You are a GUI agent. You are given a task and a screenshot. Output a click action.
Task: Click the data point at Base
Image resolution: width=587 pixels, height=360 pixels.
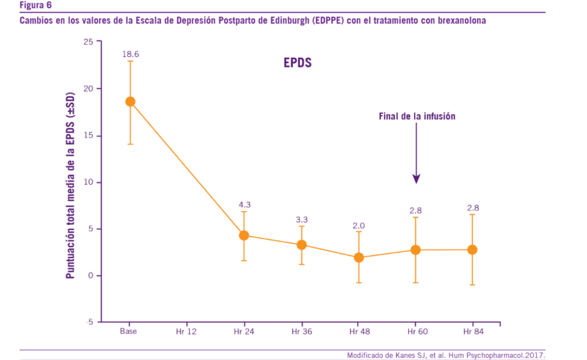coord(130,101)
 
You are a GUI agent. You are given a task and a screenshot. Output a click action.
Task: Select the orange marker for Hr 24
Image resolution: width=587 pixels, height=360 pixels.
coord(244,235)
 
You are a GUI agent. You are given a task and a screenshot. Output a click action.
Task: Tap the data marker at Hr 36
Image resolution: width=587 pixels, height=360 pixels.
coord(302,245)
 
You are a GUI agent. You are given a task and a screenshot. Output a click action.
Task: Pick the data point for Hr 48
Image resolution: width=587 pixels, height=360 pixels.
coord(358,257)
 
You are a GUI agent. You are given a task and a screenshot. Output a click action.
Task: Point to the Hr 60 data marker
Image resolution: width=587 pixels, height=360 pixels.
coord(416,250)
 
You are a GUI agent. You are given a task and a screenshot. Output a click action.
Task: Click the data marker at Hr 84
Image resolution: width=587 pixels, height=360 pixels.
coord(472,249)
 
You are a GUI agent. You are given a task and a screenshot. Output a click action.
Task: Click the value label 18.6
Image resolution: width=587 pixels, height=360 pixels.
coord(130,54)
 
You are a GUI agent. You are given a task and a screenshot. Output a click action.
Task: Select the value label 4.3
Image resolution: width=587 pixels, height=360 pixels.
coord(244,205)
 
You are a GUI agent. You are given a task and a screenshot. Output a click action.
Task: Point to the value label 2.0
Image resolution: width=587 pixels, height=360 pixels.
coord(358,225)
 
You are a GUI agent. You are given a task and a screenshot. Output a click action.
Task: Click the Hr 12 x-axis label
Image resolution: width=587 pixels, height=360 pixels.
coord(187,331)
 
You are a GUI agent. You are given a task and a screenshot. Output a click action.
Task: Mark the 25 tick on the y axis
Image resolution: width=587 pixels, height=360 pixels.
coord(88,42)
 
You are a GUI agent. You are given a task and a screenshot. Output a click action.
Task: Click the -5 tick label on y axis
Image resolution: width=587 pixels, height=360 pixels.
coord(89,322)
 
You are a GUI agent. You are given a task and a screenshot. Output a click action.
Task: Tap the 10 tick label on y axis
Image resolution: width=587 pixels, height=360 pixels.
coord(88,182)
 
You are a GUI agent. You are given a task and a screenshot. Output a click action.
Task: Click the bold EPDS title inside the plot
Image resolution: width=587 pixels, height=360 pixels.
coord(298,63)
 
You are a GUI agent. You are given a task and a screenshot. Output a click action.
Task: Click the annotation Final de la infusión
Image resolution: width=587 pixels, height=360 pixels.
coord(417,116)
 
